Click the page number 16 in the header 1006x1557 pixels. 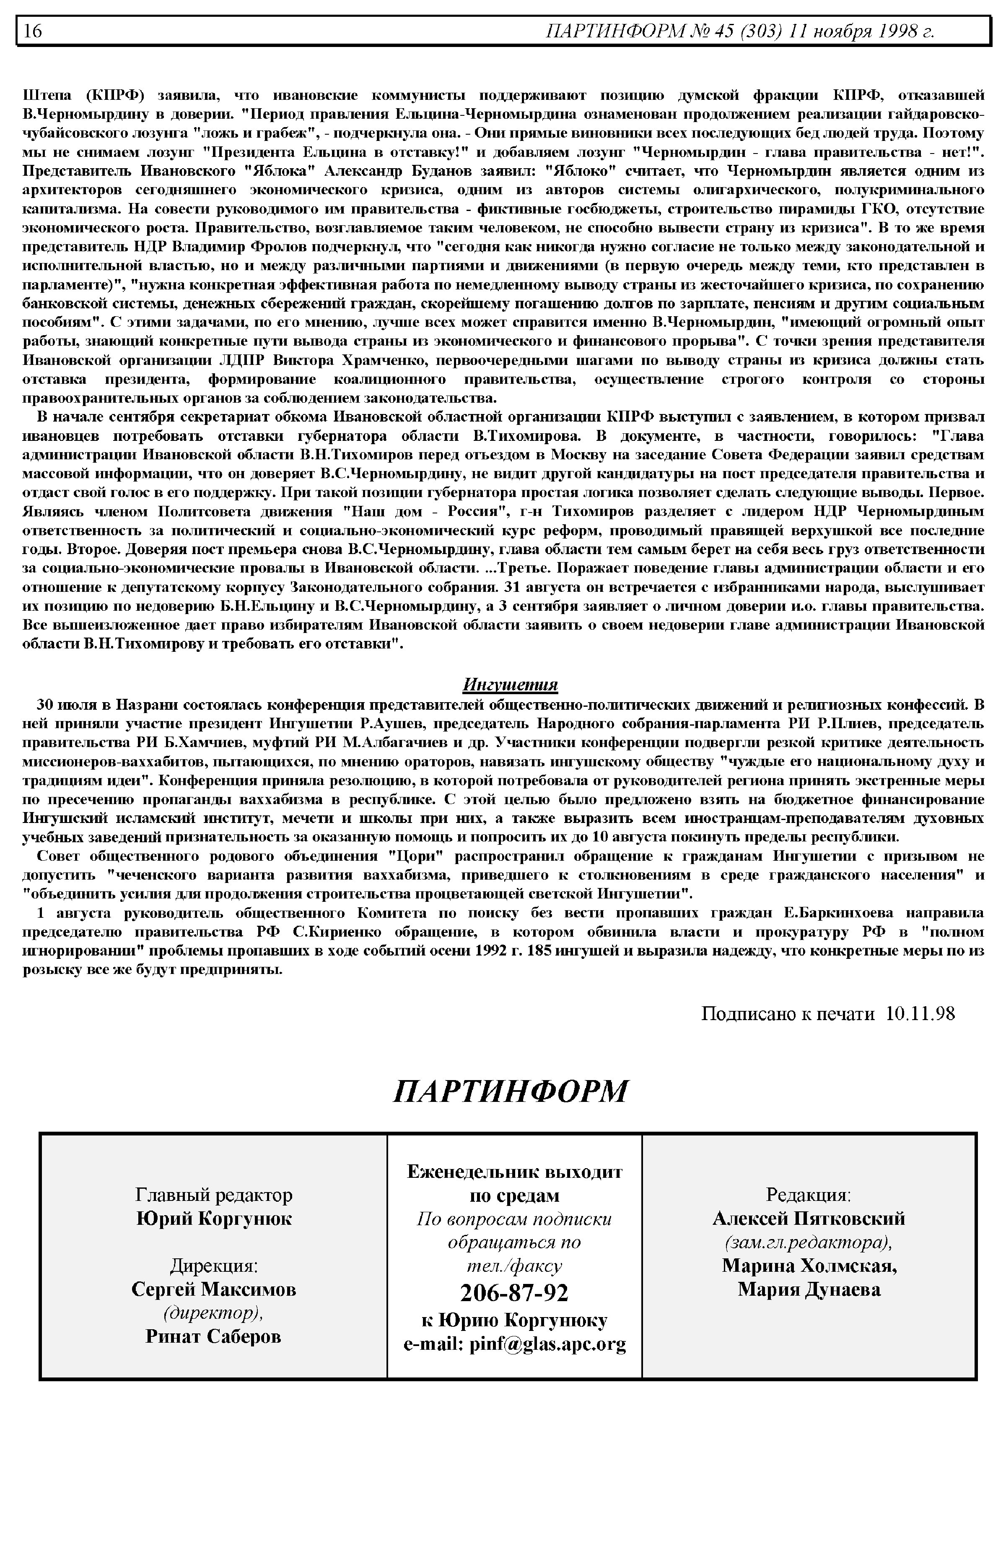[33, 31]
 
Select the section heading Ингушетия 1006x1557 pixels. [510, 685]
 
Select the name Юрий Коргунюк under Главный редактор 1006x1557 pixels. [214, 1219]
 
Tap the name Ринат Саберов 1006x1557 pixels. [214, 1336]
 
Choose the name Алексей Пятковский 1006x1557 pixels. [809, 1219]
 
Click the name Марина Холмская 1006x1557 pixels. [809, 1265]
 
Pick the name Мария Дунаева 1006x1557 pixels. [809, 1289]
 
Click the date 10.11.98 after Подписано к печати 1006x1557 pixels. [920, 1014]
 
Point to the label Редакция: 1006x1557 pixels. [809, 1195]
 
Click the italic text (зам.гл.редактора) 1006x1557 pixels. [809, 1242]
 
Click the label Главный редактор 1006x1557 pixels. [214, 1195]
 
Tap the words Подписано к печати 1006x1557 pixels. [787, 1014]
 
